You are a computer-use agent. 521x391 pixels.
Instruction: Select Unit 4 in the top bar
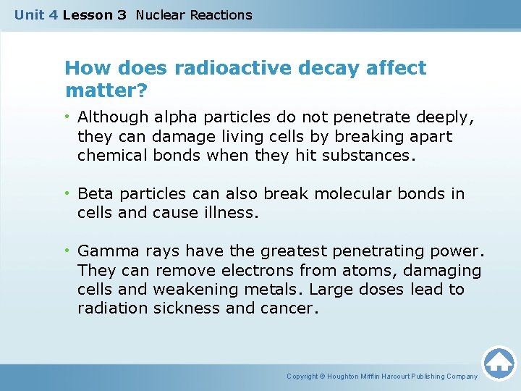coord(36,14)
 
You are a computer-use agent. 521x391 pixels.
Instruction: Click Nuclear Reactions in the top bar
coord(194,14)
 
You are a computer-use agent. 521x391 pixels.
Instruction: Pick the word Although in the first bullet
coord(109,117)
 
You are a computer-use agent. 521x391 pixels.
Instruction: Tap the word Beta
coord(96,194)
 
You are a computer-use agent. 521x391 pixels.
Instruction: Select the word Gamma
coord(104,251)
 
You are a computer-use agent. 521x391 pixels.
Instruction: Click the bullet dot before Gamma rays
coord(67,251)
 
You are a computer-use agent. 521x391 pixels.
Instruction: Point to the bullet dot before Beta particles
coord(67,194)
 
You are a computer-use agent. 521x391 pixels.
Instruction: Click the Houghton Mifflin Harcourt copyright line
coord(382,377)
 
